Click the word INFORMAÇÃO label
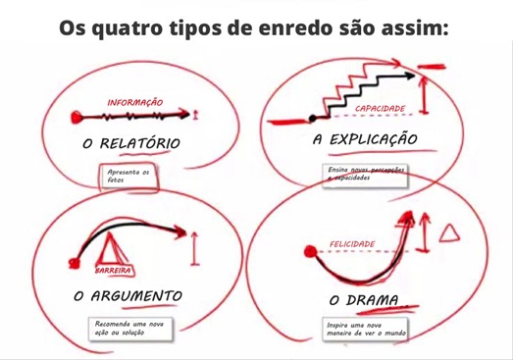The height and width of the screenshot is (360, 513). click(x=135, y=102)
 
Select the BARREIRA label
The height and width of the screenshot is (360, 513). click(x=114, y=270)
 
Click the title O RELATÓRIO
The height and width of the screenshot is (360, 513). click(x=132, y=143)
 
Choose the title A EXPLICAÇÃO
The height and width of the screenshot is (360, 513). click(x=366, y=139)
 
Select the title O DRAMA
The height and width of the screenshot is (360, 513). click(x=361, y=298)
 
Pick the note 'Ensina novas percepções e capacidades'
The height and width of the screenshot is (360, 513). click(x=365, y=174)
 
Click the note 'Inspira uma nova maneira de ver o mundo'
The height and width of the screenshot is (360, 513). click(x=365, y=328)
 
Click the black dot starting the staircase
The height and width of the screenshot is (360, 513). click(x=313, y=119)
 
